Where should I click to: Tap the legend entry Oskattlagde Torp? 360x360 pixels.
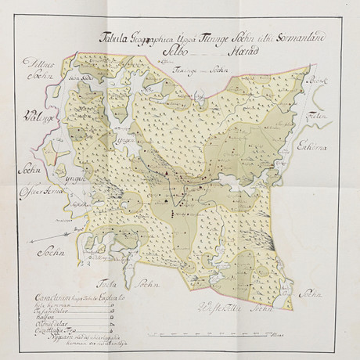tap(46, 333)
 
